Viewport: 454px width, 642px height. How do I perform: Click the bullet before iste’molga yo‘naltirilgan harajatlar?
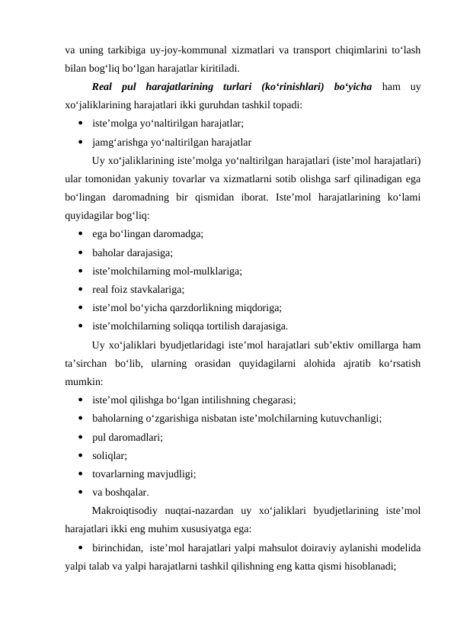80,123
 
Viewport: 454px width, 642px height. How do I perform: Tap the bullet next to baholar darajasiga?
80,252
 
